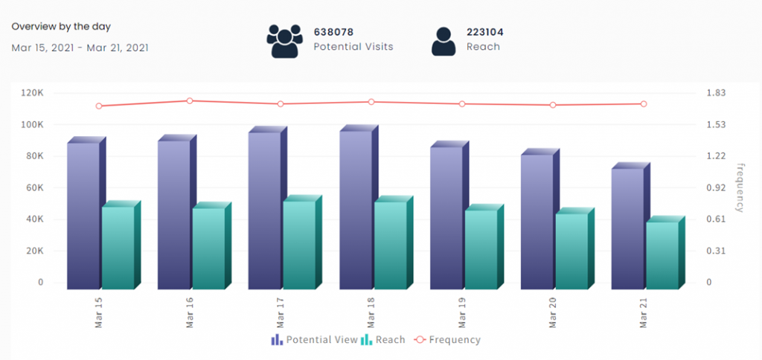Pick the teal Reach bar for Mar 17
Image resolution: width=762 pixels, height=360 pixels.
pos(299,245)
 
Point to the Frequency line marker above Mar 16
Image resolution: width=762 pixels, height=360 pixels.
pos(190,100)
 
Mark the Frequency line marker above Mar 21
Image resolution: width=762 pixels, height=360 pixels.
pos(644,103)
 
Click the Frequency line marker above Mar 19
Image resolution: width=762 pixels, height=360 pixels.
pos(462,103)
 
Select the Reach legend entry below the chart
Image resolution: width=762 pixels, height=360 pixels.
pos(383,340)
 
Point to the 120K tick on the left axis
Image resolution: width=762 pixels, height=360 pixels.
pos(31,93)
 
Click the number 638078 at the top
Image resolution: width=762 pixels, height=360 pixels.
pos(333,32)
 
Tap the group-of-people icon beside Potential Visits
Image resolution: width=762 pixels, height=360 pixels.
pos(285,41)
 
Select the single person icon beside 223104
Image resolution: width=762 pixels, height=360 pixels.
pos(444,41)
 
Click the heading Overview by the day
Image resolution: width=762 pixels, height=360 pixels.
pos(61,26)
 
